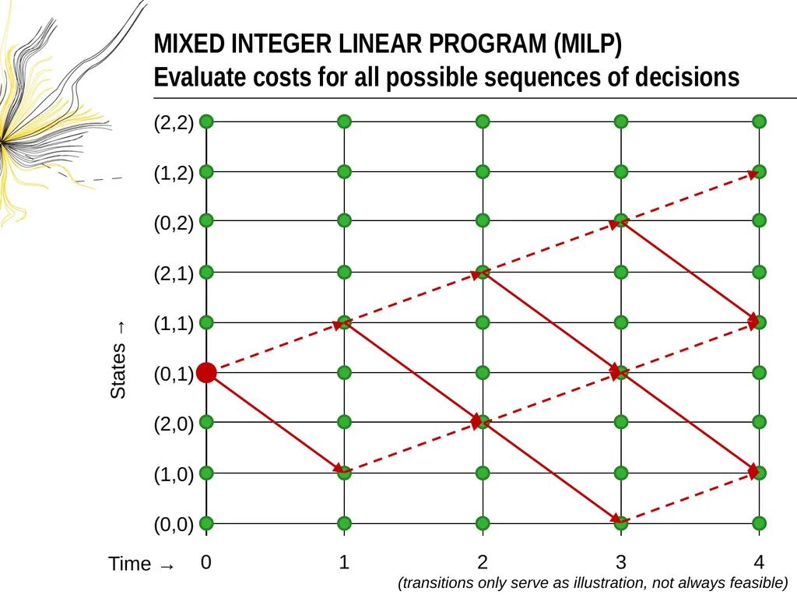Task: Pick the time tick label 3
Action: (x=620, y=562)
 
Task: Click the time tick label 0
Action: (x=205, y=562)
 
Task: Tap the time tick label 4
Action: (x=759, y=562)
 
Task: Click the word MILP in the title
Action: (x=588, y=44)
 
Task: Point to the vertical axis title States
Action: (x=118, y=371)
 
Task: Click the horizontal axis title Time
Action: (x=130, y=564)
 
